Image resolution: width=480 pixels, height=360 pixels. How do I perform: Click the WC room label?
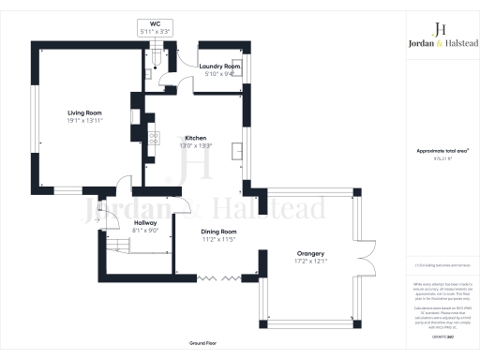155,24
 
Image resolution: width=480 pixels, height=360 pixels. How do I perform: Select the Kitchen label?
194,138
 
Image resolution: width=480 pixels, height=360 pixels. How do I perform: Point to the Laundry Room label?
222,67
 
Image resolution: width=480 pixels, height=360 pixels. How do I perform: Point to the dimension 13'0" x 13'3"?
194,145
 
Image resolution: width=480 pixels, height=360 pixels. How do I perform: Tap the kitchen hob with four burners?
149,118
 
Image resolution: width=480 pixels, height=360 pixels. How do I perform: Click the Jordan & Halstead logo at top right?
441,36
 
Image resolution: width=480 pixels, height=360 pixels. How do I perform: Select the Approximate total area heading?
441,150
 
